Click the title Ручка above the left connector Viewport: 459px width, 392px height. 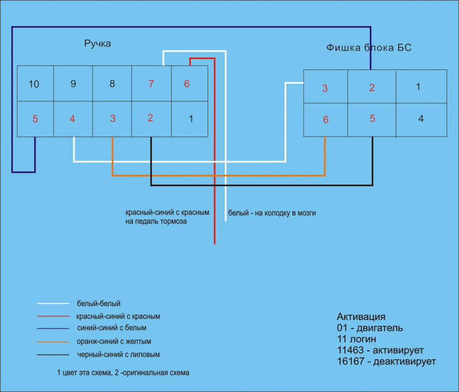[x=98, y=44]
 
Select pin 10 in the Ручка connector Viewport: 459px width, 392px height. [x=34, y=84]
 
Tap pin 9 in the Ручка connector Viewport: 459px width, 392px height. [x=73, y=84]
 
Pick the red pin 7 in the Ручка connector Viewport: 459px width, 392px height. [x=151, y=84]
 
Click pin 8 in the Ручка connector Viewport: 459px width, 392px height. [x=112, y=84]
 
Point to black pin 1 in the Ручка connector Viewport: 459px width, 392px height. [x=191, y=119]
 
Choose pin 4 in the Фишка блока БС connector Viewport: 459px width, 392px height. [x=421, y=119]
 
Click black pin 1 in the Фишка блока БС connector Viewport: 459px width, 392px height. [x=418, y=87]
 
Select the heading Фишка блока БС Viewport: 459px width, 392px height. [x=369, y=47]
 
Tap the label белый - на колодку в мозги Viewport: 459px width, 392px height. [x=272, y=213]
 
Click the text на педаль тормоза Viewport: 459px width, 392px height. [x=156, y=221]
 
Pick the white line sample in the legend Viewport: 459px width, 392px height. [x=53, y=304]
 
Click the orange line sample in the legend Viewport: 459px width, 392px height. [x=53, y=342]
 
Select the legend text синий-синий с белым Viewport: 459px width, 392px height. [x=111, y=328]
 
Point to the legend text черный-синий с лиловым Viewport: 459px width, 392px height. [x=118, y=355]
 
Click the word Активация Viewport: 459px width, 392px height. [x=361, y=316]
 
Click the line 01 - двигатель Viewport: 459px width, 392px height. [x=370, y=328]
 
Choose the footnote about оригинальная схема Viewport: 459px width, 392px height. [x=123, y=373]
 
